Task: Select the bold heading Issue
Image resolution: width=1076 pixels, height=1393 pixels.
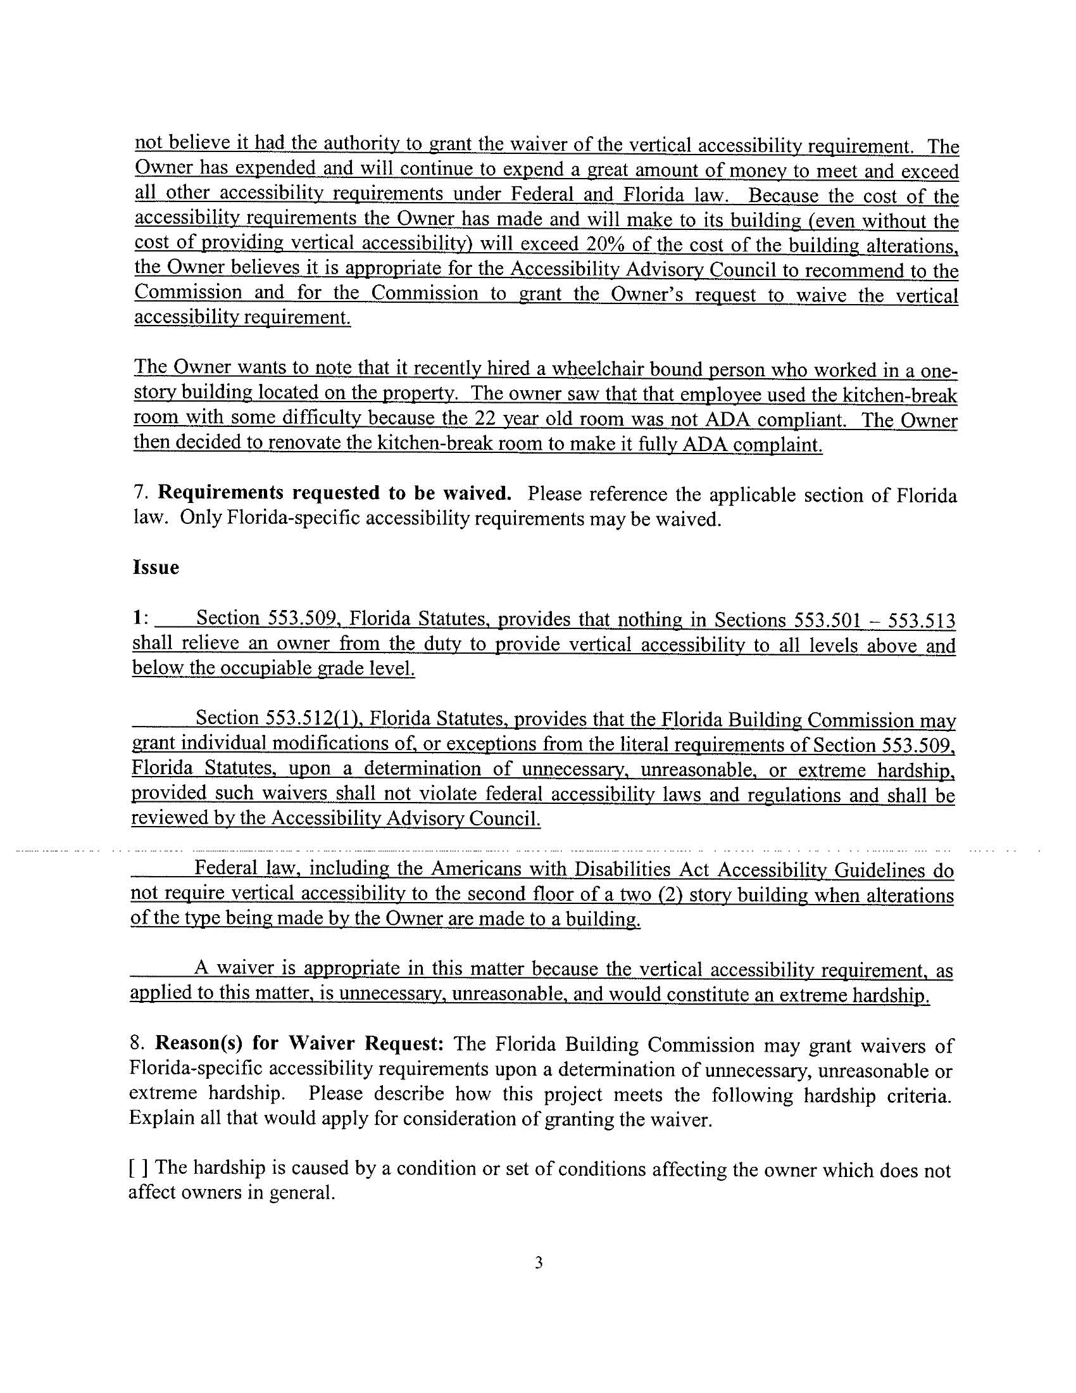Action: click(x=156, y=568)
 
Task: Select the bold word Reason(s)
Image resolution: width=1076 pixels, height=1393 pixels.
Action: click(x=200, y=1044)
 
